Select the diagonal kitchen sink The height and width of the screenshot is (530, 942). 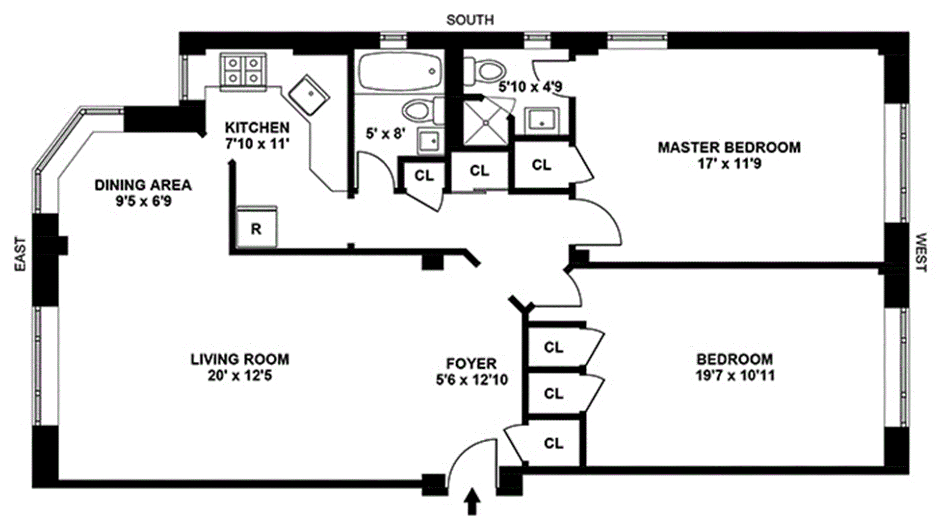(308, 95)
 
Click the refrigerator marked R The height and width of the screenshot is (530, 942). (257, 228)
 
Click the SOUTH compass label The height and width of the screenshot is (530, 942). (470, 20)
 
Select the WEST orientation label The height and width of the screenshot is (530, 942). (920, 252)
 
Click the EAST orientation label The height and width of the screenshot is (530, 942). (20, 254)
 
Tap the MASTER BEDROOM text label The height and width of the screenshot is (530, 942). (729, 147)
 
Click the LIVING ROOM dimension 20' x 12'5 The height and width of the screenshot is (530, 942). (239, 376)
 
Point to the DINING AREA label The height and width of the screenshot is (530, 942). (143, 185)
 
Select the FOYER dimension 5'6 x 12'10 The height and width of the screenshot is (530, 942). (471, 379)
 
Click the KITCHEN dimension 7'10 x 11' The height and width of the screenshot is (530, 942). (257, 144)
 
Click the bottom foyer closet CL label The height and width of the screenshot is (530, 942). (553, 443)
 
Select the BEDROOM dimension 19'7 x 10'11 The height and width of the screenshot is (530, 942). (734, 376)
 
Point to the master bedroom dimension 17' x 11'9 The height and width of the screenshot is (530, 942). (729, 163)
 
